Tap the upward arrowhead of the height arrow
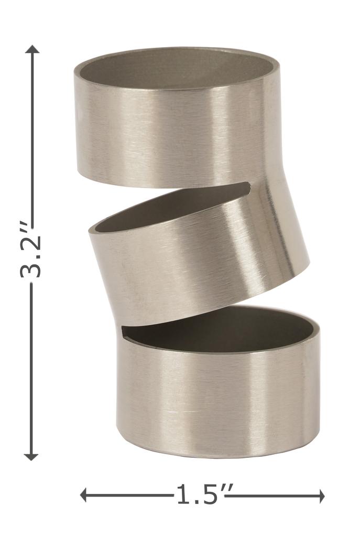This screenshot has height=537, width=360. pyautogui.click(x=32, y=49)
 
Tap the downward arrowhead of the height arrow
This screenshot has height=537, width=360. pyautogui.click(x=31, y=456)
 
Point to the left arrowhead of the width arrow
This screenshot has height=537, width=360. pyautogui.click(x=84, y=495)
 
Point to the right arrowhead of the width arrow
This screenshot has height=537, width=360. pyautogui.click(x=321, y=496)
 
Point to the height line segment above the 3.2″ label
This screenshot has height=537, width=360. pyautogui.click(x=32, y=136)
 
